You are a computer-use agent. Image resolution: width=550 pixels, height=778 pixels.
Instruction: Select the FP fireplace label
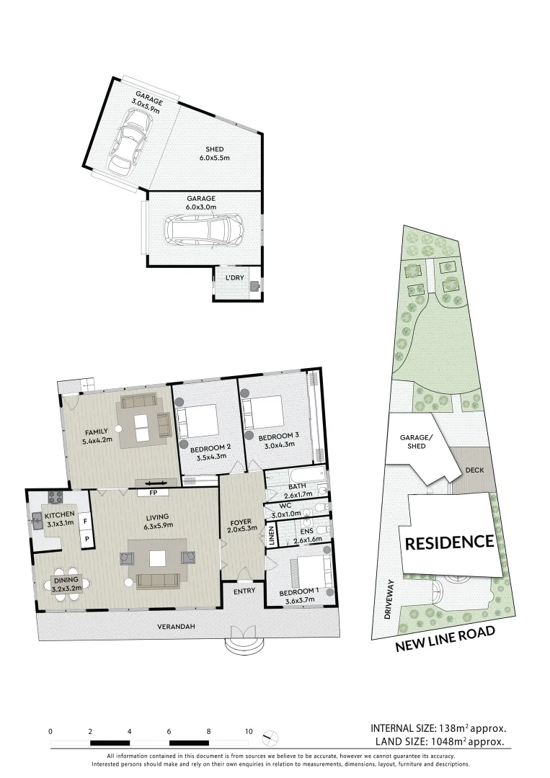tap(154, 493)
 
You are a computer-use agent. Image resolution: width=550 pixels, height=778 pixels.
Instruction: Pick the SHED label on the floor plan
tap(214, 150)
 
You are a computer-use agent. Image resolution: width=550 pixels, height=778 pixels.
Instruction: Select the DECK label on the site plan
tap(474, 470)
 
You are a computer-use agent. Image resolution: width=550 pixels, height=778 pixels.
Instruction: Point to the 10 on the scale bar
tap(249, 731)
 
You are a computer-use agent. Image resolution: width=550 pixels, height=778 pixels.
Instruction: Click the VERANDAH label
tap(176, 627)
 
